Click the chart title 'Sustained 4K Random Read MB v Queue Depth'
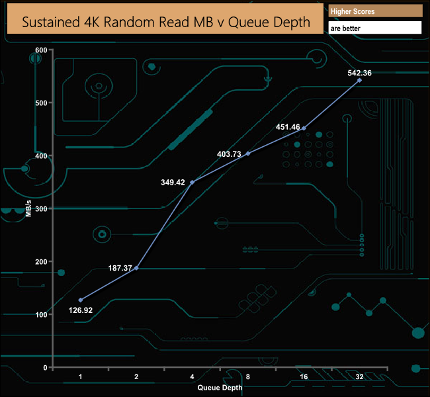point(166,21)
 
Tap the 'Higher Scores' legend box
point(375,11)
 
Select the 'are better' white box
point(375,28)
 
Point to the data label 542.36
point(359,73)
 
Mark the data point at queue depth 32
point(359,80)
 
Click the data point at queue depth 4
point(192,182)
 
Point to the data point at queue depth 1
point(81,300)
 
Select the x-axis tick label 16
point(303,376)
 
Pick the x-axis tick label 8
point(247,376)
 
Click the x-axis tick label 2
point(136,376)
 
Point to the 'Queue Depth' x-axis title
point(220,387)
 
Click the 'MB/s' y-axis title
point(28,209)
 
